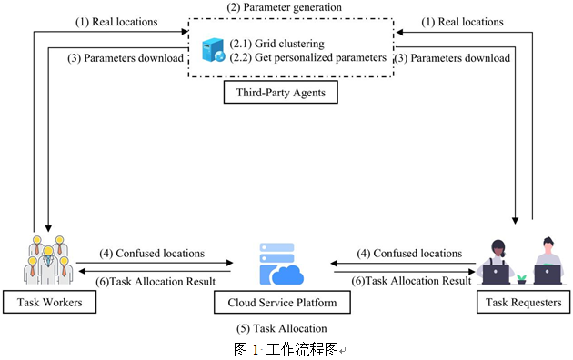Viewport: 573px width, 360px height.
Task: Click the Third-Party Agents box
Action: [x=281, y=93]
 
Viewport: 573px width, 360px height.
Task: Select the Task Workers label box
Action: [x=50, y=302]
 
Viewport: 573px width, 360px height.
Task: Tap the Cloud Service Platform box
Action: [x=282, y=303]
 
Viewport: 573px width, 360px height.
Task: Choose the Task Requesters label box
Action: [x=523, y=302]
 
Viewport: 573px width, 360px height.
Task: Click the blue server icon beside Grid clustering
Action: [x=214, y=50]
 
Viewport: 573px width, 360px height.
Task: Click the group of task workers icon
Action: [x=48, y=260]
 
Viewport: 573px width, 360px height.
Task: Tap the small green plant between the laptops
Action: [x=521, y=279]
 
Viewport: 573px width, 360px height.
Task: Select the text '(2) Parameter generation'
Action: [x=284, y=7]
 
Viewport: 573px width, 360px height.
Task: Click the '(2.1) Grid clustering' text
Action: [x=277, y=44]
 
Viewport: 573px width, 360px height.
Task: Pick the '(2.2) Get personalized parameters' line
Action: [x=307, y=57]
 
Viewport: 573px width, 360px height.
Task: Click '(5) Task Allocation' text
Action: [x=281, y=328]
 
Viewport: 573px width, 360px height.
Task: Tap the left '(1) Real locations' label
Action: [x=116, y=22]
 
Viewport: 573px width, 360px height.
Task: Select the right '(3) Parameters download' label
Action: [x=452, y=58]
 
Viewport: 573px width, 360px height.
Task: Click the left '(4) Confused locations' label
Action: [x=152, y=254]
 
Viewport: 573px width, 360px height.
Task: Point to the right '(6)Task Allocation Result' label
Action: [x=411, y=281]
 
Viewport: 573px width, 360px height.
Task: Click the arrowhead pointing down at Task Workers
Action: [x=48, y=228]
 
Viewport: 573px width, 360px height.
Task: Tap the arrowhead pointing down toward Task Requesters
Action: [x=516, y=221]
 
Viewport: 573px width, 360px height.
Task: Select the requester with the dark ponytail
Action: [x=497, y=262]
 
